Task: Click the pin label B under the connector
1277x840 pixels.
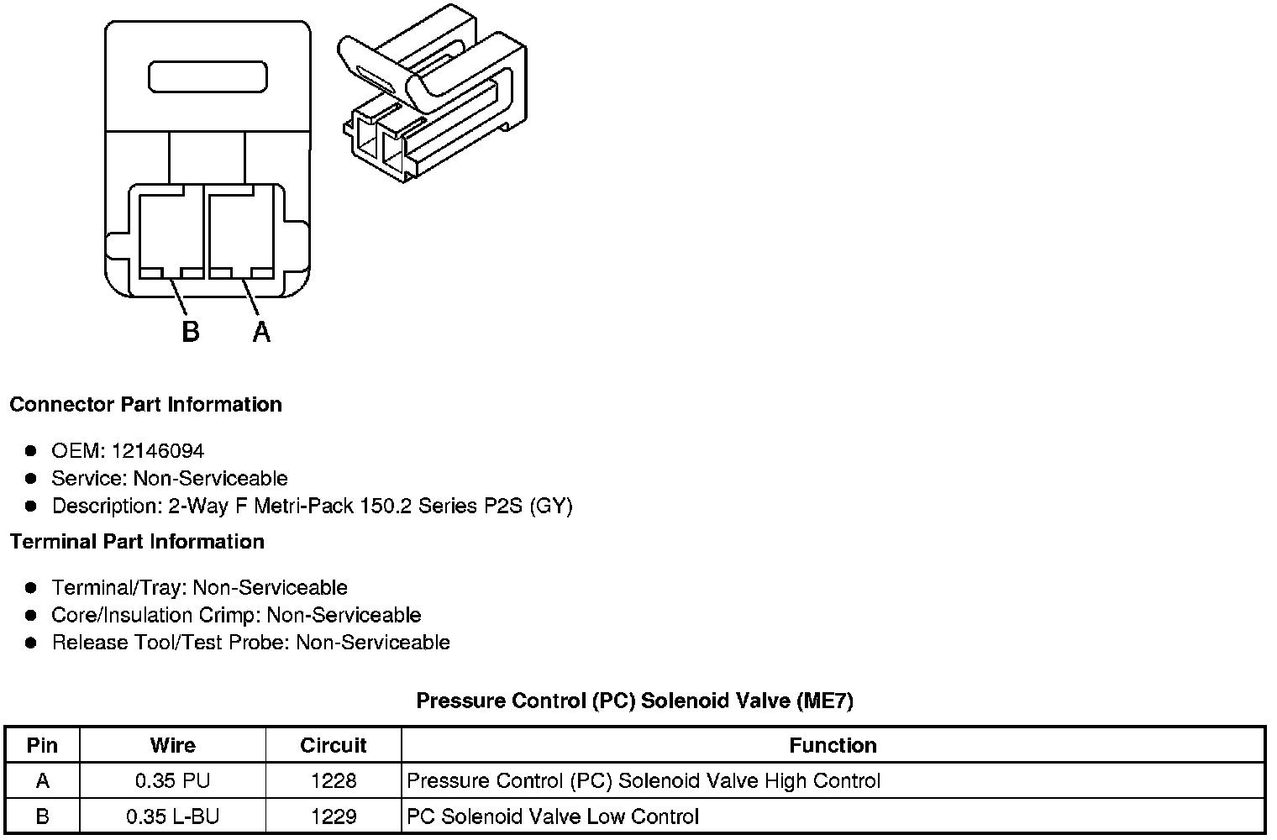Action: pos(191,332)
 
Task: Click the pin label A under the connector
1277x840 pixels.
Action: pos(261,332)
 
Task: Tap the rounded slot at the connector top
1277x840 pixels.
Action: pos(208,76)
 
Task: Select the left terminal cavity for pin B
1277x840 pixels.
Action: pos(171,233)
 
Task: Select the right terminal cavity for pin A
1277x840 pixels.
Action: pos(240,233)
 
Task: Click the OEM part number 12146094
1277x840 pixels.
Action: pos(157,451)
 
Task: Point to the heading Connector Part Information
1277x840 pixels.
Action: pos(145,404)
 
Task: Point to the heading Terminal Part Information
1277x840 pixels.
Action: pos(137,542)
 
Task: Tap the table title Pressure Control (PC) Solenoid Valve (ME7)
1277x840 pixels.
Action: pos(634,701)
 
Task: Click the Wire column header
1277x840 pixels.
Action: pos(172,745)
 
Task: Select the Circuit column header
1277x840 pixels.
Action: pos(334,745)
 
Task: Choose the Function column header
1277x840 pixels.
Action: pos(833,745)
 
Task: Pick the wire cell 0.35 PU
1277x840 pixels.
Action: pos(172,781)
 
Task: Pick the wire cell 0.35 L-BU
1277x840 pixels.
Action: pos(172,816)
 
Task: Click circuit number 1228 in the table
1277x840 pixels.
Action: pos(334,781)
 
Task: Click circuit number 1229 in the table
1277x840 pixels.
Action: pos(334,816)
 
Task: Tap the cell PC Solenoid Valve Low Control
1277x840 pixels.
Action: pos(553,816)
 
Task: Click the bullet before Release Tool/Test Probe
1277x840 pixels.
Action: pos(31,643)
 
